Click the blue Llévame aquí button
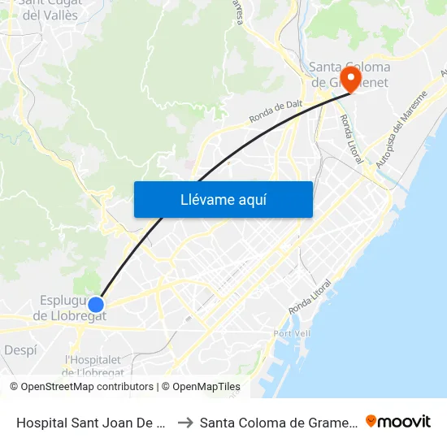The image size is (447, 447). [x=223, y=199]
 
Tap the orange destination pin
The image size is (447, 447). [x=351, y=80]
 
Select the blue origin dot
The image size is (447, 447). [x=96, y=305]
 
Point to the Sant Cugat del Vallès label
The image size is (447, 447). [x=50, y=10]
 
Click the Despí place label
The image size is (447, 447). [x=20, y=349]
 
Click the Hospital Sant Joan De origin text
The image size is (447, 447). [x=92, y=422]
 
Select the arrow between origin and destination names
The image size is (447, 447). [x=185, y=422]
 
